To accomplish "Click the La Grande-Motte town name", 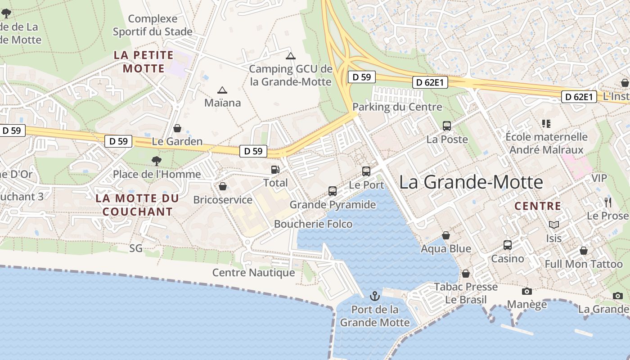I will tap(471, 182).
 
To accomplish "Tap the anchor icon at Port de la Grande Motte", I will tap(374, 296).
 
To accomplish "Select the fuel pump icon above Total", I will tap(275, 170).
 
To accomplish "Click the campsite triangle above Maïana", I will tap(222, 90).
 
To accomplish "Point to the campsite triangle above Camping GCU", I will tap(291, 56).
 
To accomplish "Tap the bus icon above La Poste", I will tap(447, 126).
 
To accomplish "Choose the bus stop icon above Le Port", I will tap(366, 171).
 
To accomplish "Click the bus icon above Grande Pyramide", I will tap(333, 191).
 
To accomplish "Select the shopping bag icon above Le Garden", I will tap(177, 128).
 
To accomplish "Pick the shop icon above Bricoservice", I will tap(223, 186).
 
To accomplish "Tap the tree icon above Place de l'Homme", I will tap(156, 161).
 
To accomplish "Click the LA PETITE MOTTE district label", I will tap(144, 62).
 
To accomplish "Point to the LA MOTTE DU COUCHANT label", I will tap(137, 205).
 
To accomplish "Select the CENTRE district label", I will tap(538, 206).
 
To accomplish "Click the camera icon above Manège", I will tap(526, 291).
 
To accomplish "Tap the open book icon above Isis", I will tap(554, 225).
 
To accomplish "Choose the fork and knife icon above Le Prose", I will tap(608, 202).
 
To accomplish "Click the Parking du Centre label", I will tap(397, 107).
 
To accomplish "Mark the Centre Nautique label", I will tap(253, 273).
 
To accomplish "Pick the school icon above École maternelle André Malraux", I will tap(547, 123).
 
